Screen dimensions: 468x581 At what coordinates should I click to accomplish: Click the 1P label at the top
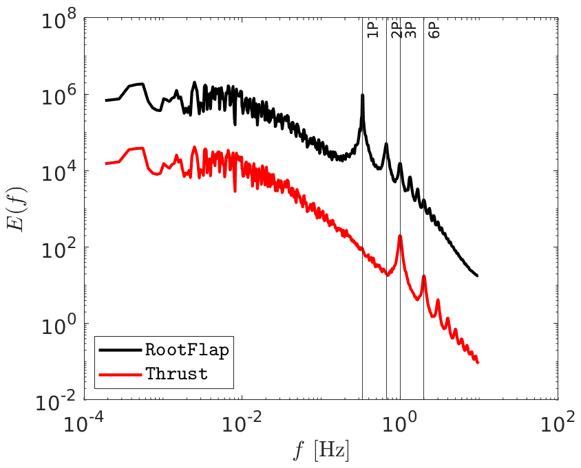point(372,30)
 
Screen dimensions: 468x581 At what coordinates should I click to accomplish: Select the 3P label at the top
point(410,30)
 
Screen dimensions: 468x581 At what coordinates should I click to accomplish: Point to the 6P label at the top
point(433,30)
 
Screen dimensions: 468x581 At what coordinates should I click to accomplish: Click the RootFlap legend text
point(187,349)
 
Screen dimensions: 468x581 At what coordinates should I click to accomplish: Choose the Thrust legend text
point(176,374)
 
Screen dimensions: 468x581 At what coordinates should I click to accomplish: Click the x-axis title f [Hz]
point(321,452)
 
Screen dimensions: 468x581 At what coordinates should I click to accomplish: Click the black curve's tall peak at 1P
point(362,96)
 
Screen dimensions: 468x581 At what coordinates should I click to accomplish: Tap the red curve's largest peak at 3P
point(400,236)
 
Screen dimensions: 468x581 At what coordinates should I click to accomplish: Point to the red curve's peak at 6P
point(424,276)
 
